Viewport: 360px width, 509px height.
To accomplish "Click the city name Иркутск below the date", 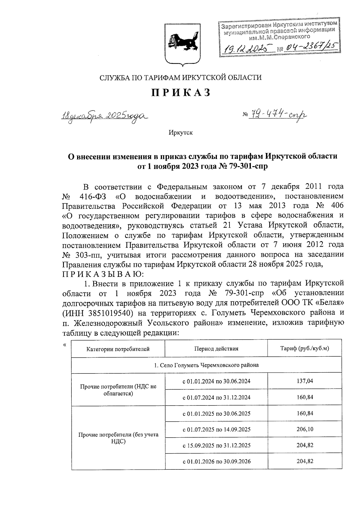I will coord(181,133).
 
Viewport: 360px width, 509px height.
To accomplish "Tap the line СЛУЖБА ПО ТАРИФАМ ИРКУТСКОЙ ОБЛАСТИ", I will coord(180,78).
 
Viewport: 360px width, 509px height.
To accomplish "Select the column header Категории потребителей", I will coord(118,349).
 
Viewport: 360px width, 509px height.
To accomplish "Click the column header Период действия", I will coord(216,349).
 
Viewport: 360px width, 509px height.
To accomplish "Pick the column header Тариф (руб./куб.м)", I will coord(304,349).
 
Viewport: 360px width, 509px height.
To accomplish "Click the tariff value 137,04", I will coord(305,381).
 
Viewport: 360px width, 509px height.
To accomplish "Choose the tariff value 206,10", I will coord(305,429).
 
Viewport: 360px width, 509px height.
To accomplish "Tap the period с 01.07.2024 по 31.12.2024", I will coord(217,397).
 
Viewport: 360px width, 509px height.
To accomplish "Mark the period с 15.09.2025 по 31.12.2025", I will coord(217,445).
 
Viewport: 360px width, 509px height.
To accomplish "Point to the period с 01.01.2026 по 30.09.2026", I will coord(217,461).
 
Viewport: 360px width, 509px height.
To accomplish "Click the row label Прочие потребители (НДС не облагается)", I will coord(118,390).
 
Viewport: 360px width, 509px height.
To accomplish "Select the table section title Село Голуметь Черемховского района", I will coord(206,365).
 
